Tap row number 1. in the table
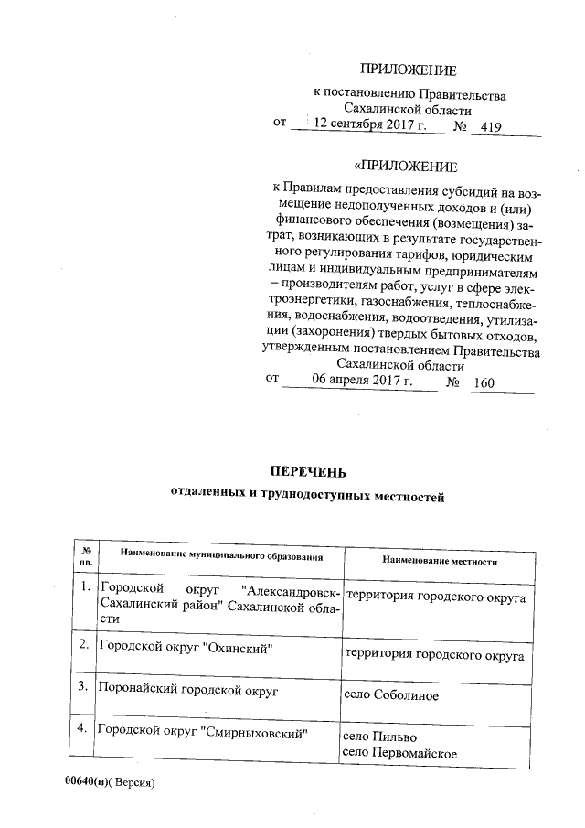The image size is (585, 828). pyautogui.click(x=84, y=586)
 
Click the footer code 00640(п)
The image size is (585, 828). pyautogui.click(x=74, y=784)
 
